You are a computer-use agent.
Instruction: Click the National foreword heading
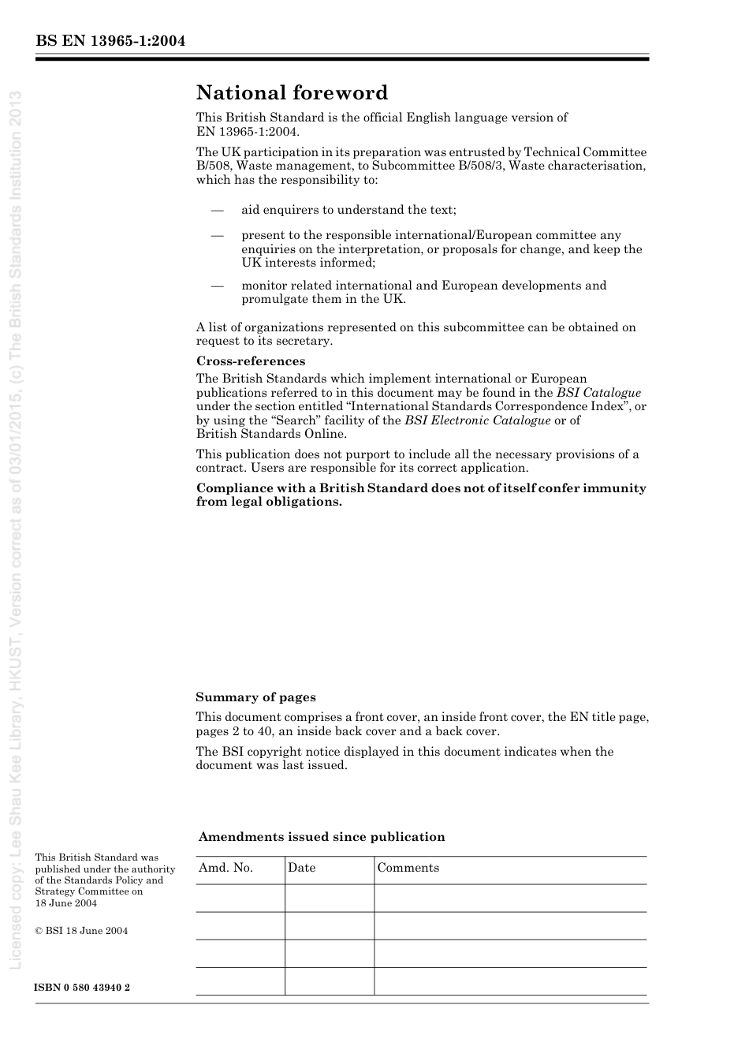pyautogui.click(x=292, y=93)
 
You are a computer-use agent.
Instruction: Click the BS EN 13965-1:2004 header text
pyautogui.click(x=110, y=42)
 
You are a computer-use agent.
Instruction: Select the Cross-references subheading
pyautogui.click(x=250, y=361)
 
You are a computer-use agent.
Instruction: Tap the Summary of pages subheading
pyautogui.click(x=255, y=697)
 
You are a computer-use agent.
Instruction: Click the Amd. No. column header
pyautogui.click(x=225, y=868)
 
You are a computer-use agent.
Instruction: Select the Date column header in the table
pyautogui.click(x=301, y=868)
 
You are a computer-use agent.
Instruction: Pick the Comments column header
pyautogui.click(x=408, y=868)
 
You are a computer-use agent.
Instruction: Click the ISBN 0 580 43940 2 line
pyautogui.click(x=82, y=988)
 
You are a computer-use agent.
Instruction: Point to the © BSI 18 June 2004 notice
pyautogui.click(x=81, y=931)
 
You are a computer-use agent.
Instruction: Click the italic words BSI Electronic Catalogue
pyautogui.click(x=477, y=420)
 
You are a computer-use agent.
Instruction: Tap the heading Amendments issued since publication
pyautogui.click(x=321, y=837)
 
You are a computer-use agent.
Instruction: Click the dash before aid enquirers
pyautogui.click(x=217, y=210)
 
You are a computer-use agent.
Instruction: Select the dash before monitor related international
pyautogui.click(x=217, y=286)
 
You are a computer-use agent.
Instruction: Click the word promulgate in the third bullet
pyautogui.click(x=273, y=299)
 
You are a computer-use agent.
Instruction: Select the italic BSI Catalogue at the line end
pyautogui.click(x=598, y=393)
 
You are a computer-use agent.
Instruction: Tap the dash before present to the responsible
pyautogui.click(x=217, y=235)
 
